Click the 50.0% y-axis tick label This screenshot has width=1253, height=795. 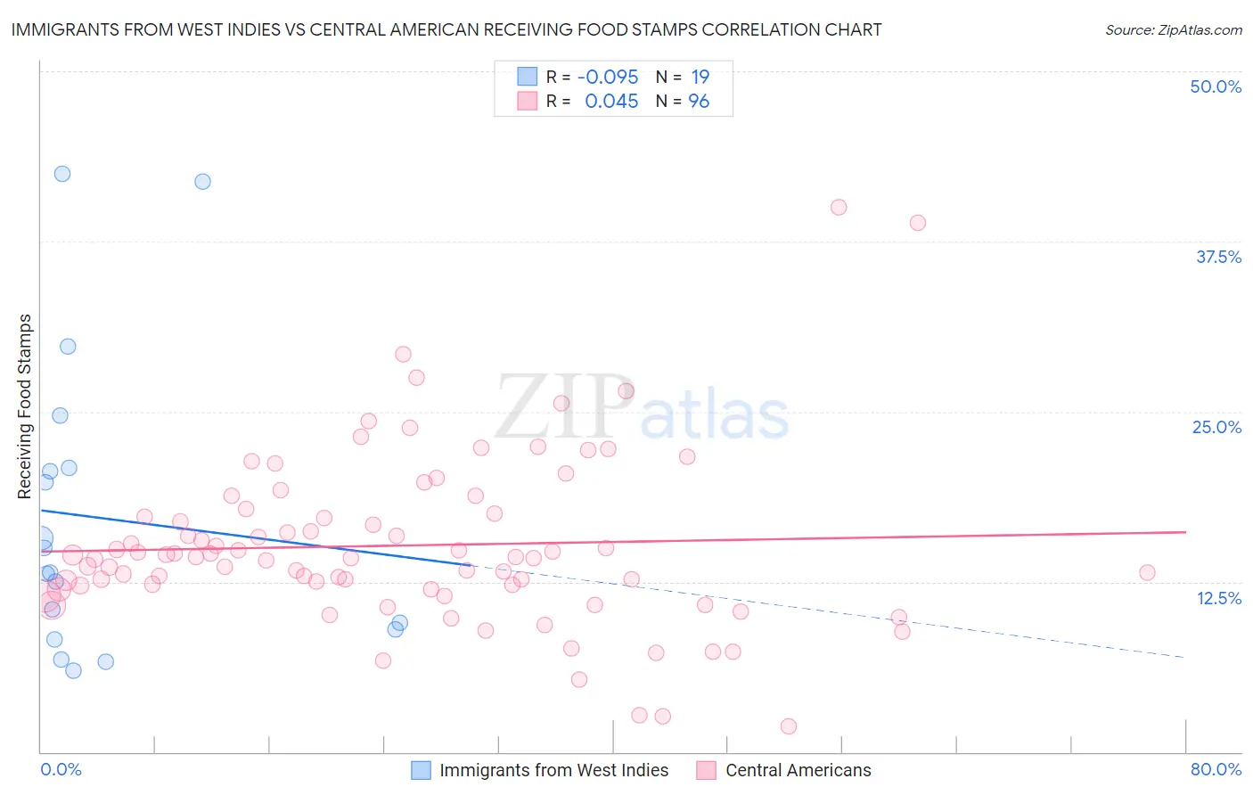[x=1216, y=86]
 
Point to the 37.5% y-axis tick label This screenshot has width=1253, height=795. [x=1218, y=257]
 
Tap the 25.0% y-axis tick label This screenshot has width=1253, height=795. [x=1216, y=427]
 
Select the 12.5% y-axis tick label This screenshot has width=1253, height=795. [x=1218, y=598]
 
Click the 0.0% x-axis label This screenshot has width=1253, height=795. [x=61, y=769]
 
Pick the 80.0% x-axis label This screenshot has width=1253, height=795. [x=1216, y=769]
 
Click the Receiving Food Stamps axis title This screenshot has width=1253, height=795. [x=25, y=406]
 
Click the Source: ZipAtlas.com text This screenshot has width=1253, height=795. [x=1173, y=29]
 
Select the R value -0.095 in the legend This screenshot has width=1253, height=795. [x=608, y=77]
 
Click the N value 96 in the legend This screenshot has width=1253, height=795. [x=699, y=102]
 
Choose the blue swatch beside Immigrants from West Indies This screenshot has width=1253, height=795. [x=421, y=770]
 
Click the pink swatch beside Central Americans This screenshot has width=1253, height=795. [x=706, y=770]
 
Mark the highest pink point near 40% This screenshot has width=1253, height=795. [x=839, y=207]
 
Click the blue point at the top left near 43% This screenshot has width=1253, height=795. [x=62, y=174]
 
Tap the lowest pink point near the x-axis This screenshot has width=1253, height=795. [x=789, y=726]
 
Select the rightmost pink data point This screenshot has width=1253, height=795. [x=1147, y=572]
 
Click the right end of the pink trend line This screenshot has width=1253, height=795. [x=1185, y=532]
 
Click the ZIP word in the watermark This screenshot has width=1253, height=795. [x=563, y=406]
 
